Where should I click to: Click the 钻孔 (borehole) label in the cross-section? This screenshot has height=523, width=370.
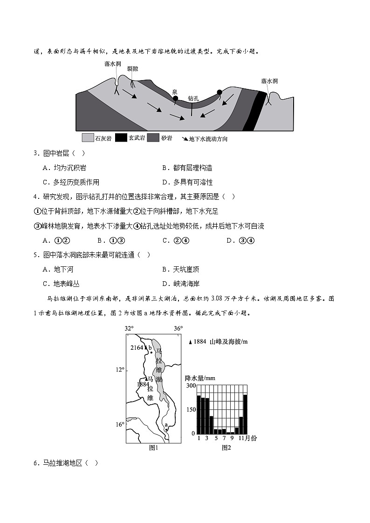click(193, 98)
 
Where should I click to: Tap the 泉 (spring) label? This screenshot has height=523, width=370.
click(175, 92)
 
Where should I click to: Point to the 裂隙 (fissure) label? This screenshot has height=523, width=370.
click(132, 68)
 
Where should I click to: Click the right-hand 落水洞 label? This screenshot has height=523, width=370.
click(269, 81)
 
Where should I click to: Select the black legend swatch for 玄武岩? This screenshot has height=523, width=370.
click(121, 138)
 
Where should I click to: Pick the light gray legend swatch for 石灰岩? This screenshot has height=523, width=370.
click(88, 138)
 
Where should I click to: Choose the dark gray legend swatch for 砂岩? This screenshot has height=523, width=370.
click(153, 138)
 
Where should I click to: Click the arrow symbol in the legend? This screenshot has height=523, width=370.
click(185, 138)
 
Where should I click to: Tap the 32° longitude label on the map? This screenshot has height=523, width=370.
click(129, 328)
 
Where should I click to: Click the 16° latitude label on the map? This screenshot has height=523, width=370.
click(120, 425)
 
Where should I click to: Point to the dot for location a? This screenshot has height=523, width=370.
click(166, 429)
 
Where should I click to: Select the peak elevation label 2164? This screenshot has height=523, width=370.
click(137, 348)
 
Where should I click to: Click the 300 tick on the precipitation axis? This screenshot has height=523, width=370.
click(191, 386)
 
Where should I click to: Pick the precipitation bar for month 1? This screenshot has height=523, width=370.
click(199, 414)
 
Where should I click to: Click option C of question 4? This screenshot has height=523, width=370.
click(175, 240)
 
